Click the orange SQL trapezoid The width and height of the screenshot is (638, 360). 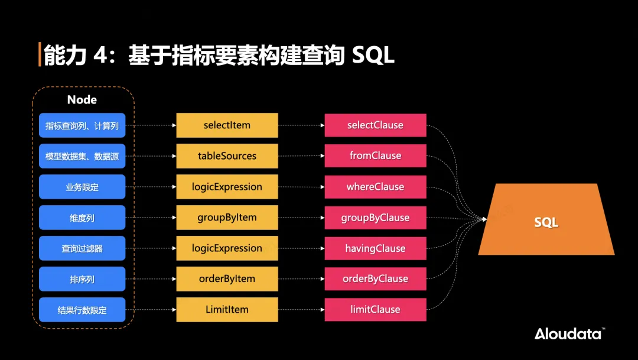point(546,223)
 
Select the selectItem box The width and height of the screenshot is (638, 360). point(227,125)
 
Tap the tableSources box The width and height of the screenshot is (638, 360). point(227,156)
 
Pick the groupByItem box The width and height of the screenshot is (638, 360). point(227,218)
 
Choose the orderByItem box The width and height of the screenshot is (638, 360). point(227,279)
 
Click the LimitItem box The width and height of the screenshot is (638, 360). point(227,310)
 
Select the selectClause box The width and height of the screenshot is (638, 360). point(375,125)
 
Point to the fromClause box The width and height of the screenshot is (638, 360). point(375,156)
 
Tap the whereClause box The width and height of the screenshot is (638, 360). point(375,187)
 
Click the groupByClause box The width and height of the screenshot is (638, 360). point(375,218)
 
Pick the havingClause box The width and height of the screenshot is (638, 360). point(375,248)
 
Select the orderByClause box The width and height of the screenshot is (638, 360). point(375,279)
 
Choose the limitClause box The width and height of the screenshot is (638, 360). point(375,310)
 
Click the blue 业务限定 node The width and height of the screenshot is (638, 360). point(82,187)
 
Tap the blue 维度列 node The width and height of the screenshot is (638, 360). point(82,218)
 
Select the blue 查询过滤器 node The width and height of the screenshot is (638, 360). point(82,248)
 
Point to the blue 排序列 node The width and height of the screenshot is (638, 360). point(82,279)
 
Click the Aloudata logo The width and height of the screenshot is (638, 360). point(569,333)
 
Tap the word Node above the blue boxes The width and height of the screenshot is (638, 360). point(82,100)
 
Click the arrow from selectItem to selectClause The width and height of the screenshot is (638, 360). point(301,125)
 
